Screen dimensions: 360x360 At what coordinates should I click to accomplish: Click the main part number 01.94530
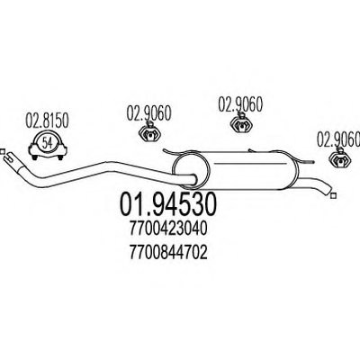pos(168,204)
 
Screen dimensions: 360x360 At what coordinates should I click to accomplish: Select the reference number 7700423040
pos(168,229)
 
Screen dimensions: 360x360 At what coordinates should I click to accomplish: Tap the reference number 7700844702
pos(168,253)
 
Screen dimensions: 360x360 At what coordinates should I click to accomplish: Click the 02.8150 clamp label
pos(47,121)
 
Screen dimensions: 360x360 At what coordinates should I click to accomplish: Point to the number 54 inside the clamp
pos(47,142)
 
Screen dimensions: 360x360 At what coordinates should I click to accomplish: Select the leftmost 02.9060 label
pos(148,113)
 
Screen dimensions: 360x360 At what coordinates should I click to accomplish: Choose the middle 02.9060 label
pos(240,103)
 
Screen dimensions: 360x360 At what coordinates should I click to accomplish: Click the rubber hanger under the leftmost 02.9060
pos(149,132)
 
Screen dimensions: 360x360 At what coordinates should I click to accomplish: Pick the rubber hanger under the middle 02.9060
pos(241,123)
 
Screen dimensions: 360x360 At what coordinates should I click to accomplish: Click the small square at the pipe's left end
pos(2,151)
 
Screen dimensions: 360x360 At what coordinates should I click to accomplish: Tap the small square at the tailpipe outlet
pos(332,196)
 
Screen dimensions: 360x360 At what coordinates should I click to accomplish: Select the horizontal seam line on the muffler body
pos(249,164)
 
